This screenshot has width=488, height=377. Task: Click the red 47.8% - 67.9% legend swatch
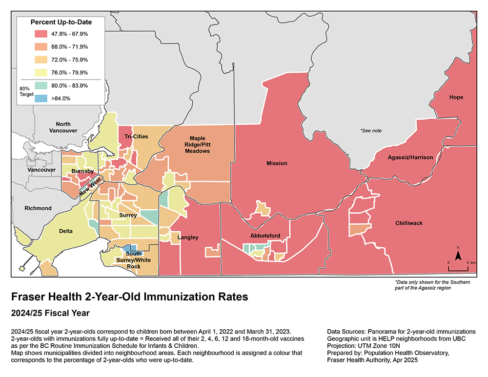click(41, 34)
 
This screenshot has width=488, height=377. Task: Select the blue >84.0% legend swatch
click(41, 98)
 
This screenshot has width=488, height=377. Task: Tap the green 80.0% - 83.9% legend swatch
click(41, 85)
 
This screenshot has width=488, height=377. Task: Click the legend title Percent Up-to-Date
click(61, 22)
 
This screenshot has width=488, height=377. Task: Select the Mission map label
click(277, 163)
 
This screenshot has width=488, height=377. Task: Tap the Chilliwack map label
click(409, 223)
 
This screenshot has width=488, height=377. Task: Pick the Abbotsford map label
click(265, 236)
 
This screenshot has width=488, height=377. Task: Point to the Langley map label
click(188, 238)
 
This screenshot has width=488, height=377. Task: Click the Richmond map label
click(38, 208)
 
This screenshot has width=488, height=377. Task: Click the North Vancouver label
click(63, 127)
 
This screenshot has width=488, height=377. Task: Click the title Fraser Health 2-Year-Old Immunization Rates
click(129, 297)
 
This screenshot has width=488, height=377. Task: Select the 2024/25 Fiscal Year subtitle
click(52, 312)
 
